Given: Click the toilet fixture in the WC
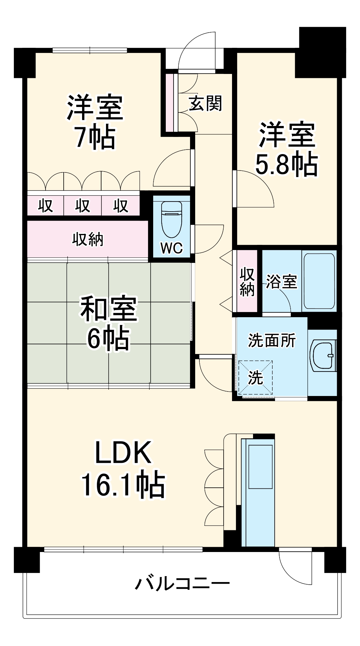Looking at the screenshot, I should point(172,219).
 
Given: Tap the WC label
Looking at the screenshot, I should point(171,248).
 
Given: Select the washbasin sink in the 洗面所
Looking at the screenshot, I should point(323,355).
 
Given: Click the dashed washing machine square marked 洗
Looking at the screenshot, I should point(255,378).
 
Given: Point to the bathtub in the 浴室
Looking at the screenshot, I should point(319,281).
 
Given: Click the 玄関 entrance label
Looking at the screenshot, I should point(206,103).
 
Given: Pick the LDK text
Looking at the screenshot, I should point(123,453).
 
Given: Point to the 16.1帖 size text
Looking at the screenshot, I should point(123,485).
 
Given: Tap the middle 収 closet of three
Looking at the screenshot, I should point(82,205).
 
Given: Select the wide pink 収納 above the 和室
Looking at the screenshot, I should point(87,239).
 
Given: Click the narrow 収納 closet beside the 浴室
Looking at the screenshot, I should point(247,281).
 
